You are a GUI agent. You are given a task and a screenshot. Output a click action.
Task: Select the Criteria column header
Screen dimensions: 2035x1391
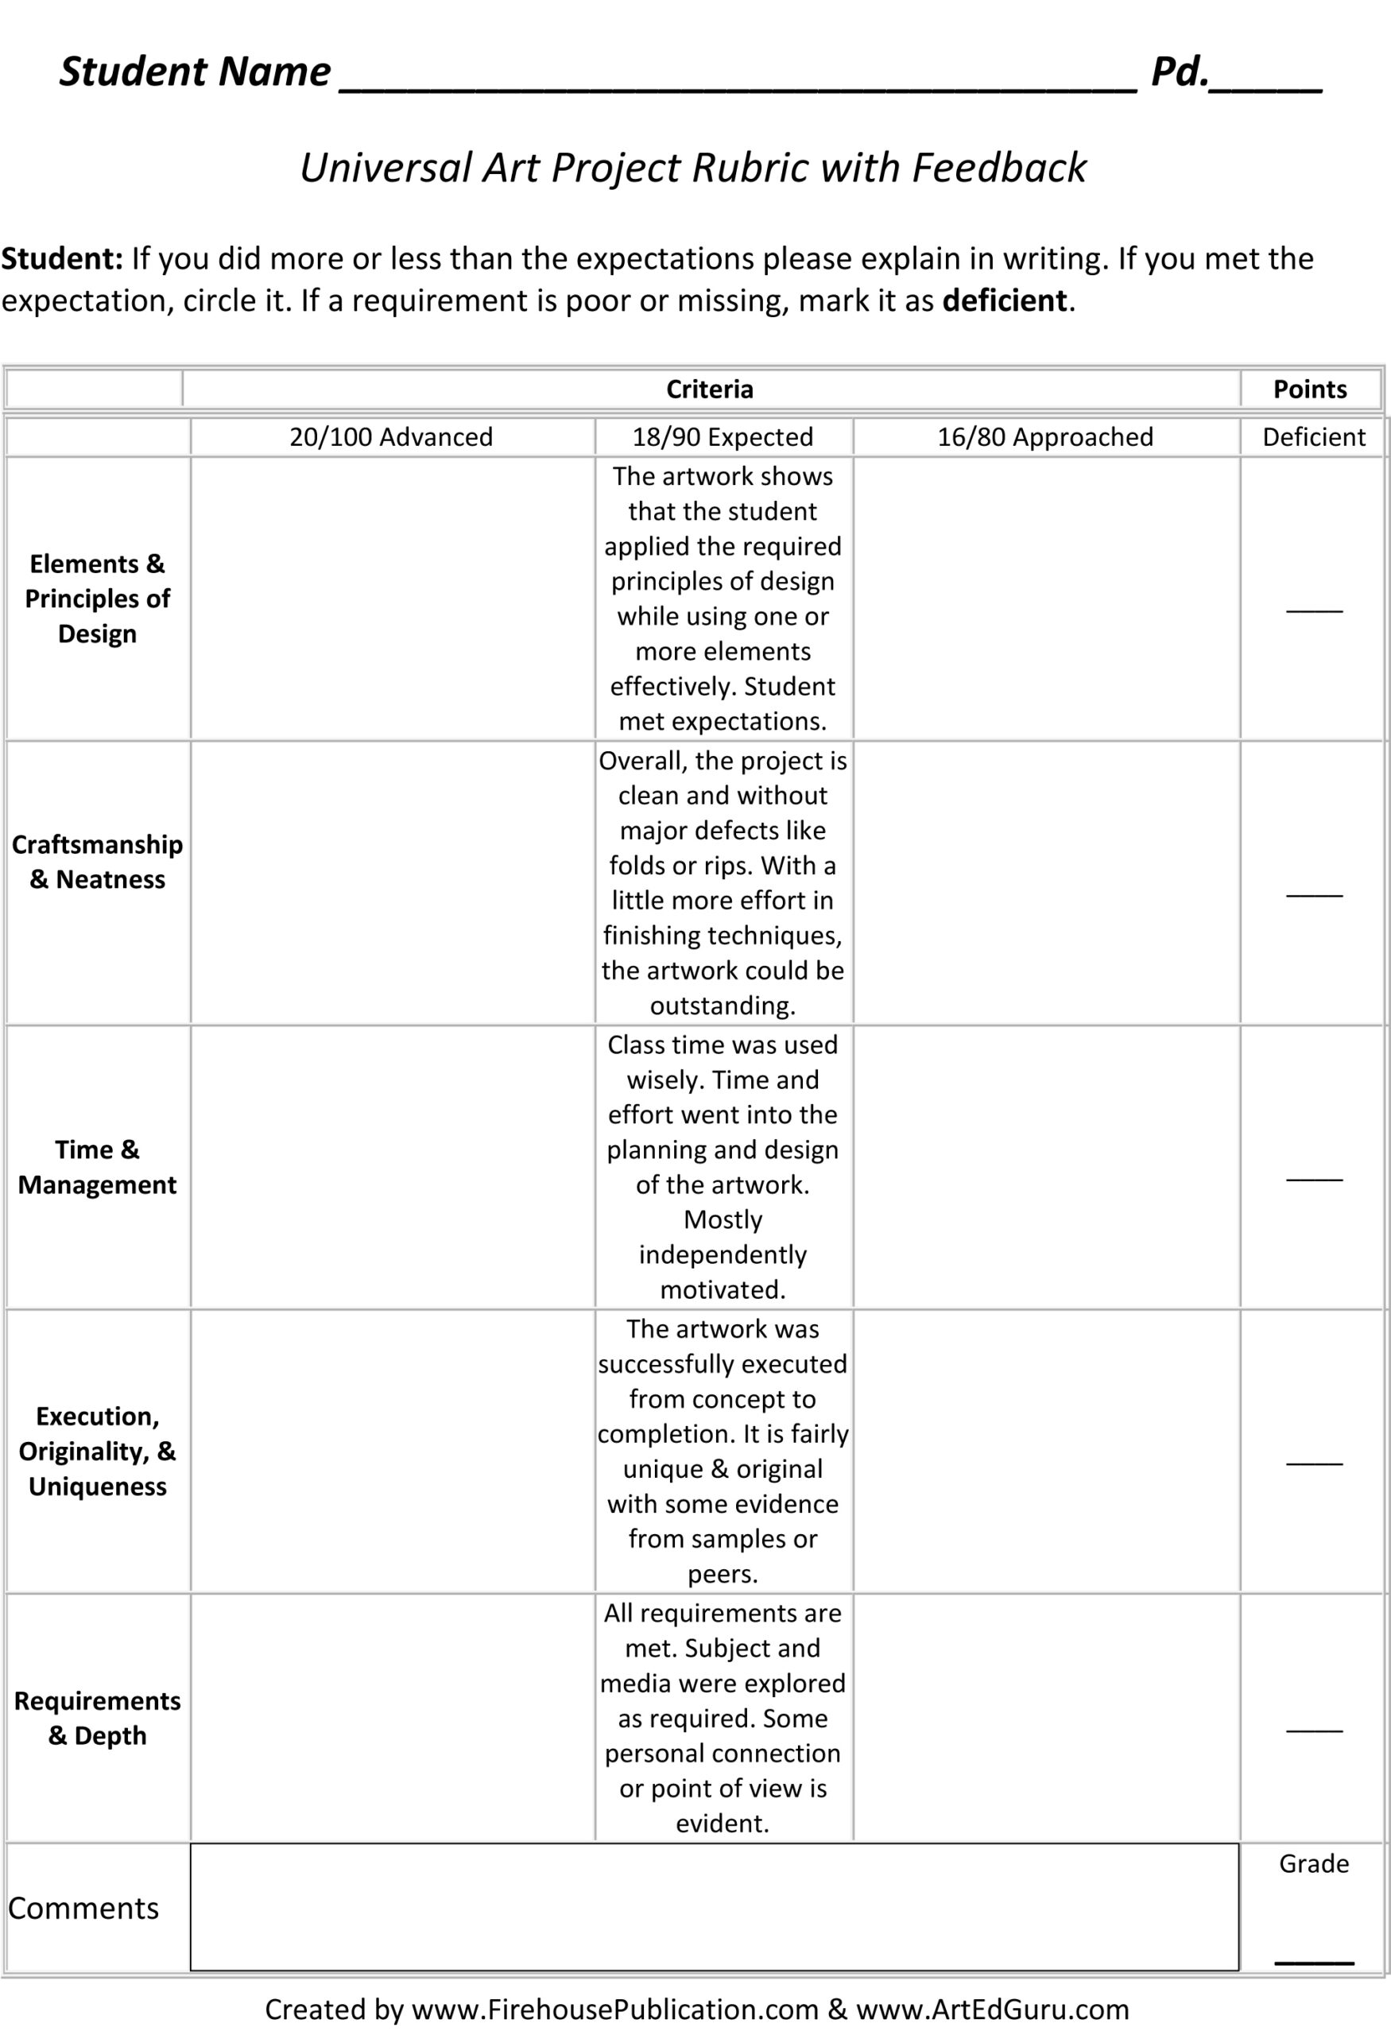pyautogui.click(x=709, y=389)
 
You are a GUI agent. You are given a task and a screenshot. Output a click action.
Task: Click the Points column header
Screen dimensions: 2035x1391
pyautogui.click(x=1310, y=389)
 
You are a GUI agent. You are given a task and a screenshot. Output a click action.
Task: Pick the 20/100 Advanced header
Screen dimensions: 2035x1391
pyautogui.click(x=391, y=437)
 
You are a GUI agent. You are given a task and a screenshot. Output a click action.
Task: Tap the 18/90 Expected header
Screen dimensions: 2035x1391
pyautogui.click(x=723, y=437)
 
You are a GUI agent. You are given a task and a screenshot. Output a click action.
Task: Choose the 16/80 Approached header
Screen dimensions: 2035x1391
pyautogui.click(x=1045, y=437)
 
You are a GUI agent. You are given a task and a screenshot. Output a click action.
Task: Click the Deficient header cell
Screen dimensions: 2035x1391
pyautogui.click(x=1313, y=437)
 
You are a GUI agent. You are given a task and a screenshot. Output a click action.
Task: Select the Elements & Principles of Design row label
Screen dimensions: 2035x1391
pyautogui.click(x=97, y=598)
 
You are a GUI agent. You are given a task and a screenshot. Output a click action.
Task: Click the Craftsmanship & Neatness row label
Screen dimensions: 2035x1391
pyautogui.click(x=97, y=862)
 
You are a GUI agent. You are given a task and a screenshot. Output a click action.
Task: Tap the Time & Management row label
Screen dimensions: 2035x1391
pyautogui.click(x=97, y=1166)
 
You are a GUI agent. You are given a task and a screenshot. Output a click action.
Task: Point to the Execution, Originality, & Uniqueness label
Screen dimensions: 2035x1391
pyautogui.click(x=97, y=1451)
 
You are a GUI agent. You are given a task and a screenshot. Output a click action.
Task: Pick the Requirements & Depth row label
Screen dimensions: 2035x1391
pyautogui.click(x=97, y=1718)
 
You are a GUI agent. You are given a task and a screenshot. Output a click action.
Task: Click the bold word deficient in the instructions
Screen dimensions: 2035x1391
pyautogui.click(x=1004, y=300)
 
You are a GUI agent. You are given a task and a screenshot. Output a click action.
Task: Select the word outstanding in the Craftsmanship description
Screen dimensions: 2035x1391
pyautogui.click(x=723, y=1006)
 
